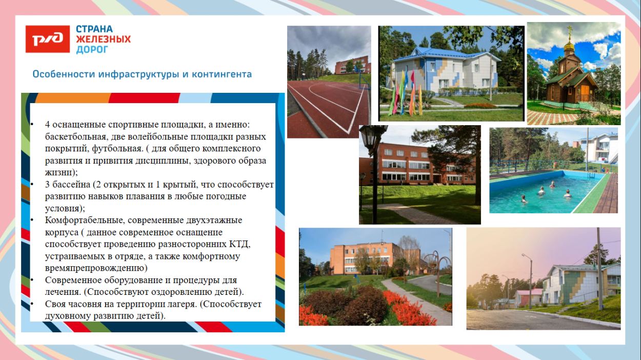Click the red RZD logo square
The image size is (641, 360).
[48, 39]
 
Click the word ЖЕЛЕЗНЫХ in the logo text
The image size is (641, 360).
[103, 39]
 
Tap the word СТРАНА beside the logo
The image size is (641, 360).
[94, 29]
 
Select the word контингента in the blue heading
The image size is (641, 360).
[222, 74]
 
